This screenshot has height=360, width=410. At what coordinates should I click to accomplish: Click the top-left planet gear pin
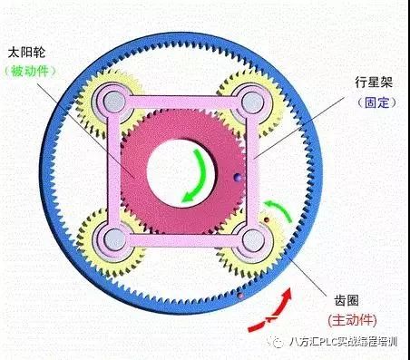[x=112, y=100]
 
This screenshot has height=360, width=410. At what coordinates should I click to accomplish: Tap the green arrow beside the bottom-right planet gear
[x=281, y=212]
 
